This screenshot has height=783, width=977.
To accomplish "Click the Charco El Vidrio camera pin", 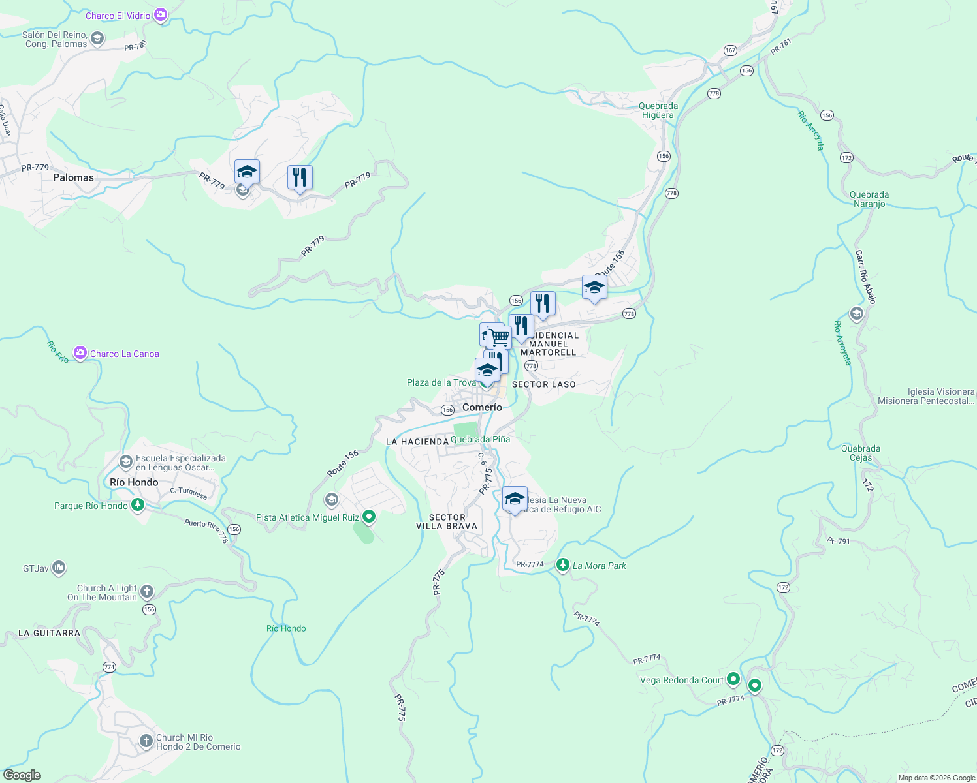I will [x=161, y=15].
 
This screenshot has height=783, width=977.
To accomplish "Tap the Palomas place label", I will [x=73, y=177].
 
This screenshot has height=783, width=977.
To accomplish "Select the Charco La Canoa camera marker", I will [x=80, y=354].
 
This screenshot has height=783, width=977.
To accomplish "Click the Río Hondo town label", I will [x=134, y=482].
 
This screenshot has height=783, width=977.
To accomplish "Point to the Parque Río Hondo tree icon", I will [x=137, y=506].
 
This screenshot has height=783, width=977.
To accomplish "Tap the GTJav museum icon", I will [x=59, y=568].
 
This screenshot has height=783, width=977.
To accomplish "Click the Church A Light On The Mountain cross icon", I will [x=147, y=592].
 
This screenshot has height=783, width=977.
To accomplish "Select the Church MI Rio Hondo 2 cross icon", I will [x=146, y=742].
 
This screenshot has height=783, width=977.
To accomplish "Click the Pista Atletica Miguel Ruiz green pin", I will [x=369, y=517].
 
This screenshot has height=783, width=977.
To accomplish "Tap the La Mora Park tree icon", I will [x=562, y=565].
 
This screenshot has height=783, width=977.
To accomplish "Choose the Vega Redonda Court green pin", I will [x=733, y=679].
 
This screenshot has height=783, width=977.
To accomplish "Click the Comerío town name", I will [x=482, y=407].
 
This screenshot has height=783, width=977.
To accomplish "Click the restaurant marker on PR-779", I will [x=300, y=177].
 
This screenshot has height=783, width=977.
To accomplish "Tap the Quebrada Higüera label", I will [x=658, y=110].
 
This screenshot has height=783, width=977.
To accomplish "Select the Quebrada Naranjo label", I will [x=869, y=199].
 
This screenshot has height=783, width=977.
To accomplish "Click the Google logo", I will [x=22, y=775].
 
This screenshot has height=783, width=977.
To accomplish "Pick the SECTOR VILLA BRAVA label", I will [x=447, y=521].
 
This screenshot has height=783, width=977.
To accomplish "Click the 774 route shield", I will [x=109, y=667].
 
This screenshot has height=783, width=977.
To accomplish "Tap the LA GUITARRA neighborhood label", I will [x=49, y=633].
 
